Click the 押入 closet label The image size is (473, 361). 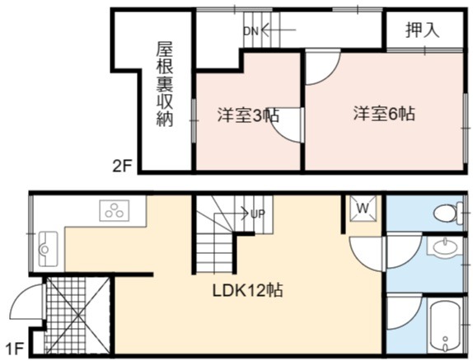422,30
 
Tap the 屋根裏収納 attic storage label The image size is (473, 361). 165,84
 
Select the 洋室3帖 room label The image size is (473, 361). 248,115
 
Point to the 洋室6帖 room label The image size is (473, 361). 384,114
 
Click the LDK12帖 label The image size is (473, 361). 248,290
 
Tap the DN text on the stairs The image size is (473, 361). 251,30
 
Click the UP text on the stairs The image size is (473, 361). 258,213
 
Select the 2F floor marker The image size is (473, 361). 122,166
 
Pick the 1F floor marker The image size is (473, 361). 14,349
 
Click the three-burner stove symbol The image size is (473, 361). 115,210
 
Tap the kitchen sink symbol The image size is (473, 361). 48,249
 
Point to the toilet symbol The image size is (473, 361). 448,213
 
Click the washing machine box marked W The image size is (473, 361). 363,209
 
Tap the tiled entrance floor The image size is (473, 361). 77,315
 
